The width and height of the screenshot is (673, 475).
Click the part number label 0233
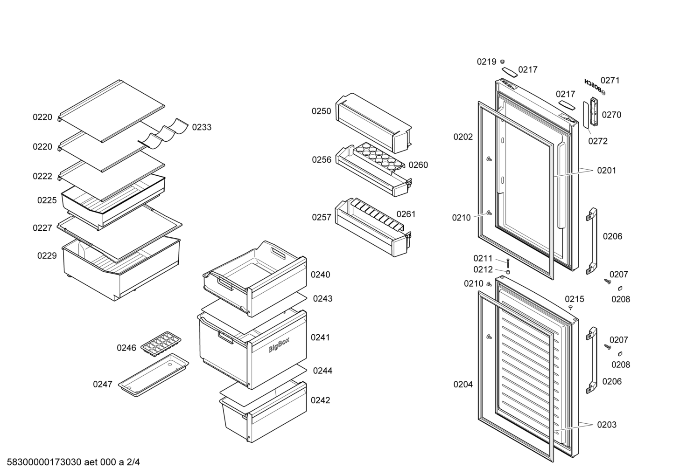202,127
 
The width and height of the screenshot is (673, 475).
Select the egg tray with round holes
379,158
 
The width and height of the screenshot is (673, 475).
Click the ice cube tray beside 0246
161,344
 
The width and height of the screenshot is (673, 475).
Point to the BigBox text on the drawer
279,345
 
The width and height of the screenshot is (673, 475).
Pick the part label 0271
610,81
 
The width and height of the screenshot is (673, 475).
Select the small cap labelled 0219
502,62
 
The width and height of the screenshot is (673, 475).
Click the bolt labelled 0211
508,263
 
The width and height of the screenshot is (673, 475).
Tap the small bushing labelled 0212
508,272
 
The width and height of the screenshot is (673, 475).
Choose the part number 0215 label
575,299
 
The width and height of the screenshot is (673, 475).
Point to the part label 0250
321,111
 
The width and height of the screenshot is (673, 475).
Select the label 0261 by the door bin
406,214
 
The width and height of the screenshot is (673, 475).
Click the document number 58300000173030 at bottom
44,462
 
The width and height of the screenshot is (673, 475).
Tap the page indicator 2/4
133,462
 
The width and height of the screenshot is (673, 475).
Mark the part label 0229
47,255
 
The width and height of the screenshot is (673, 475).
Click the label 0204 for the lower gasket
463,384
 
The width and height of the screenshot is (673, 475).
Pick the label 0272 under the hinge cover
598,141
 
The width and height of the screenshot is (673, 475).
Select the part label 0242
320,400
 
